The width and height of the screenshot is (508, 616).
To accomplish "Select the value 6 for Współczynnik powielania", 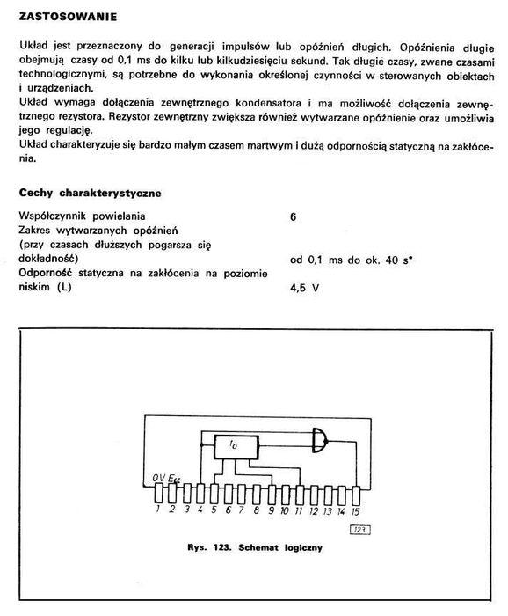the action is (293, 216).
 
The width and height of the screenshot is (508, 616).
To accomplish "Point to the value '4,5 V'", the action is (304, 288).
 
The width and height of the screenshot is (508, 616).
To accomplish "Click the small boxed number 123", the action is (360, 529).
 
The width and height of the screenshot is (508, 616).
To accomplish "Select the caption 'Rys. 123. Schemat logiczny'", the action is (255, 548).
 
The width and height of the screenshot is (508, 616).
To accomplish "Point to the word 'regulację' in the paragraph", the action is (65, 131).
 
